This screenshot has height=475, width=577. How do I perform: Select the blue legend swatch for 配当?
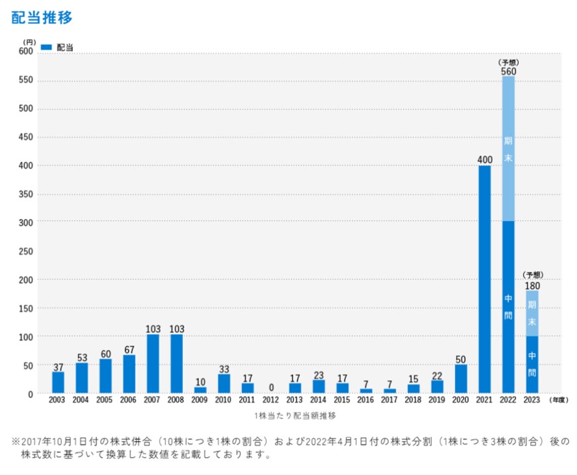click(46, 47)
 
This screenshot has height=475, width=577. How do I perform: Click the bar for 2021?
click(484, 279)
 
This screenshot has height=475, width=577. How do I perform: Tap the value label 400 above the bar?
click(484, 159)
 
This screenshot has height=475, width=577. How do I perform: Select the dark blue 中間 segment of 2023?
click(532, 364)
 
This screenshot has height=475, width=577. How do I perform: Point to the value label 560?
click(508, 71)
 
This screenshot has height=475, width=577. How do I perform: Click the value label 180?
click(532, 285)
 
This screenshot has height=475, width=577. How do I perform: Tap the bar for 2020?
click(460, 378)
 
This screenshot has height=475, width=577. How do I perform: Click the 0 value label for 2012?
click(271, 387)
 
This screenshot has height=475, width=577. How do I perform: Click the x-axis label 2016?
click(365, 400)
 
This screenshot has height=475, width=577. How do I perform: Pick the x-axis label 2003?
click(58, 400)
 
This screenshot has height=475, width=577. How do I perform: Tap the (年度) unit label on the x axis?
click(558, 400)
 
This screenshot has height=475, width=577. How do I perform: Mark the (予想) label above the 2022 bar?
click(508, 62)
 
